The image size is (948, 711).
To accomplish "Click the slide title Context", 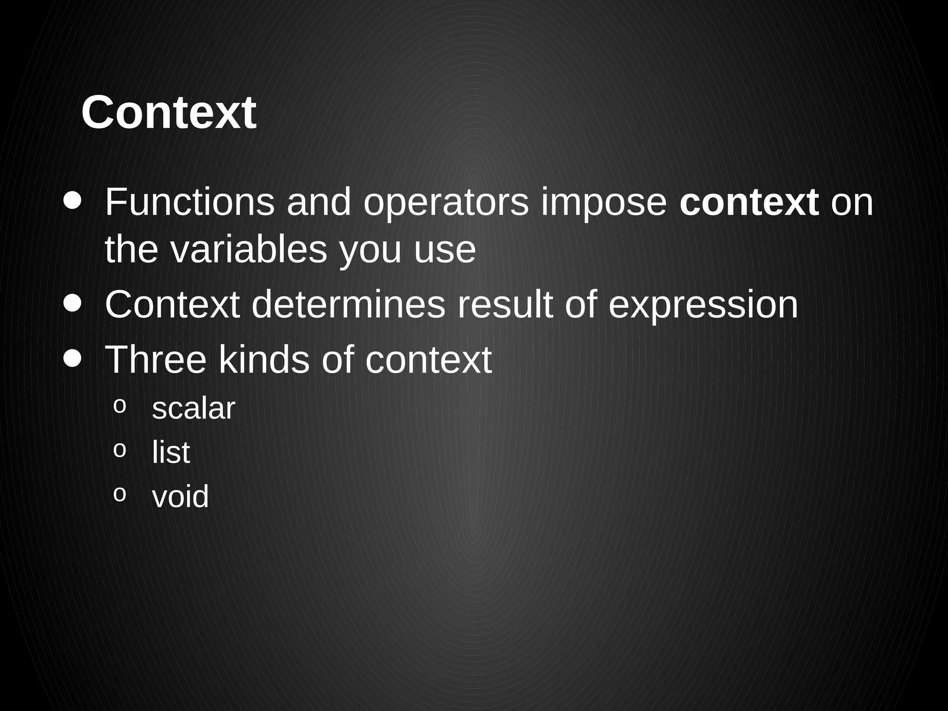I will point(168,112).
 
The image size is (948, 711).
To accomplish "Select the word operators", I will point(446,203).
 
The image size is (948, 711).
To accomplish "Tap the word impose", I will point(604,203).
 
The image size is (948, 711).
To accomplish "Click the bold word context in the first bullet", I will point(749,203).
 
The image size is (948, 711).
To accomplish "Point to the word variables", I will point(249,250).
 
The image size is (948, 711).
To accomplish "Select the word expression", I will point(703,306).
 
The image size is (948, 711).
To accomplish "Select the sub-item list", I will point(171,452).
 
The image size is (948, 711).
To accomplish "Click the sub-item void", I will point(181,496).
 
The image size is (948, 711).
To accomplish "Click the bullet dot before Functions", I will point(73,201).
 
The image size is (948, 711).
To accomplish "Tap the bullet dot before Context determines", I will point(73,304).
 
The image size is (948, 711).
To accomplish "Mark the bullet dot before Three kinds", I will point(73,358).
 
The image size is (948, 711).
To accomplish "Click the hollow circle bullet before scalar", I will point(119,406).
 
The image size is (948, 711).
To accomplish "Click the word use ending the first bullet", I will point(445,250).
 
